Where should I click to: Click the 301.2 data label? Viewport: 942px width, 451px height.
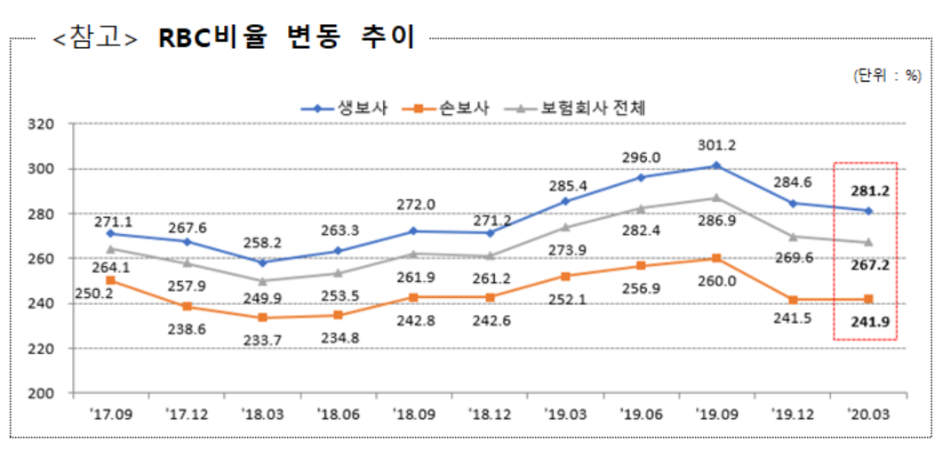point(717,146)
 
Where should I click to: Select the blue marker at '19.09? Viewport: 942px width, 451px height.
point(716,166)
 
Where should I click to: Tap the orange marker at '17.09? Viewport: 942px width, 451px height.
point(109,280)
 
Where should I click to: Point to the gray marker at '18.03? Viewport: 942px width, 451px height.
point(261,281)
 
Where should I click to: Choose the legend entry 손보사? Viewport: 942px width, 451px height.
point(463,108)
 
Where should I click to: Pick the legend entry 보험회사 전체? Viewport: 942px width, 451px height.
point(593,108)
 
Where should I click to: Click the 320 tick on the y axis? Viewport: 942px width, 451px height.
point(42,124)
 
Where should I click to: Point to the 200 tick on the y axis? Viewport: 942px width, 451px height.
point(42,393)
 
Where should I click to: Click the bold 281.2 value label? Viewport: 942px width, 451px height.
point(868,190)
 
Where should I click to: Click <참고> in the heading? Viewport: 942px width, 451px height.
point(95,38)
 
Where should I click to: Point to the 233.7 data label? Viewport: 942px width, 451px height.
point(262,338)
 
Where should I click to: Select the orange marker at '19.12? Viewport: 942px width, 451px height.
point(792,300)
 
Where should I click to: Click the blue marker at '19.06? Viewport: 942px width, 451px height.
point(641,177)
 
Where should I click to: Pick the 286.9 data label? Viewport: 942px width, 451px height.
point(719,220)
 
